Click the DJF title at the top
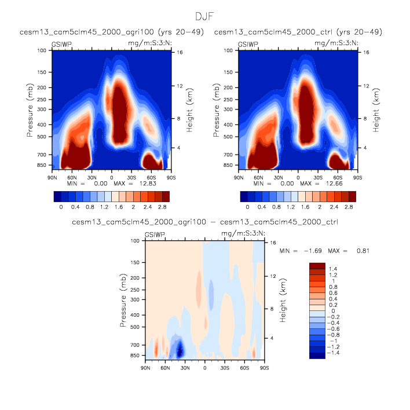(x=205, y=17)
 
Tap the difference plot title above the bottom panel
(x=205, y=222)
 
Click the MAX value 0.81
(x=360, y=251)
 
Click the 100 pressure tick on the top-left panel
(x=42, y=50)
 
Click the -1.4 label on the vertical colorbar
(x=334, y=352)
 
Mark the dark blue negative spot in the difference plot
(x=180, y=349)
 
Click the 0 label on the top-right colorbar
(x=247, y=206)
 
